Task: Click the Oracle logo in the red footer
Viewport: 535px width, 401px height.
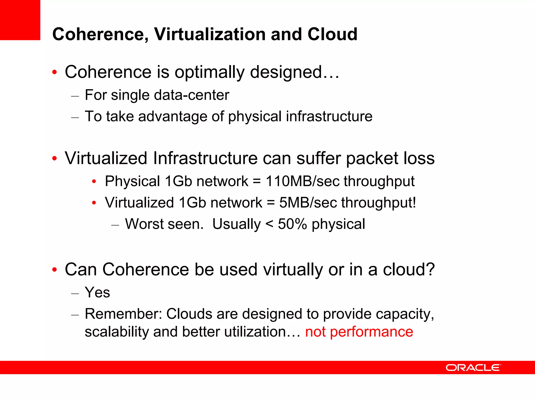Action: pos(473,368)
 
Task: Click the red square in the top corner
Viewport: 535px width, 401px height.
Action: pos(20,20)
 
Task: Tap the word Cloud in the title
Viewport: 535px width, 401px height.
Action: pos(332,34)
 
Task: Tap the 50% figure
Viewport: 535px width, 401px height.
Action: pos(292,224)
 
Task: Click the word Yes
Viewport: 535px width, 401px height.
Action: pos(97,292)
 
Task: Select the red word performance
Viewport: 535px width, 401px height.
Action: pos(371,332)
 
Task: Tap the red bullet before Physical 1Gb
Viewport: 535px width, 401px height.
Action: pos(94,181)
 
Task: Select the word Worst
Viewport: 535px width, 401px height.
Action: pos(144,224)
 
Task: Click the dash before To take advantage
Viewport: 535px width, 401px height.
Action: pos(75,117)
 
